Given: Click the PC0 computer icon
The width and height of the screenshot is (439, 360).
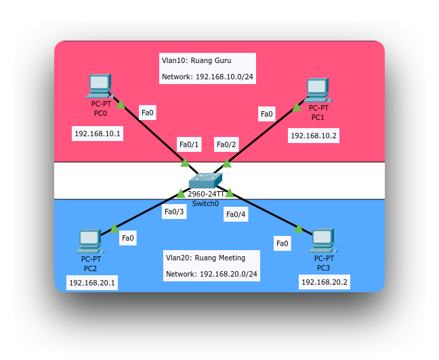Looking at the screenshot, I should pyautogui.click(x=100, y=86).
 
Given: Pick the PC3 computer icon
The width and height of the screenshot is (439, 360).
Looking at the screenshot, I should pyautogui.click(x=322, y=240).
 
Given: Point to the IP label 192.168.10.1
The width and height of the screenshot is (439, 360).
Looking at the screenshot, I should pyautogui.click(x=98, y=134).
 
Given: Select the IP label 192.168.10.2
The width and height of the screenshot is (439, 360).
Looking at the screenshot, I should pyautogui.click(x=314, y=136).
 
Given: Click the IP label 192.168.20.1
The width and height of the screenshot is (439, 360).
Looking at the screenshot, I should pyautogui.click(x=92, y=283).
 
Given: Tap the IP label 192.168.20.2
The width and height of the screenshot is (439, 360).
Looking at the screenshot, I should pyautogui.click(x=325, y=282).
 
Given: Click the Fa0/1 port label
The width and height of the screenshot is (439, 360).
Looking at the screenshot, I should pyautogui.click(x=189, y=144).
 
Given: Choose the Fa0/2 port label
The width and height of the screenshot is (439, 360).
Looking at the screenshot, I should pyautogui.click(x=226, y=144).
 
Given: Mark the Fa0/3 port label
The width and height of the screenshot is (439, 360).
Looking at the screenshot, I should pyautogui.click(x=174, y=212).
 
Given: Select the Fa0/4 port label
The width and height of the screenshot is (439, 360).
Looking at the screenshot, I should pyautogui.click(x=236, y=214).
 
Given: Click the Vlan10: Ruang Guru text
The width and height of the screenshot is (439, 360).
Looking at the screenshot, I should pyautogui.click(x=196, y=60).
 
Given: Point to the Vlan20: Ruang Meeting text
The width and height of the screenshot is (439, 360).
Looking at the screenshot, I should pyautogui.click(x=205, y=258).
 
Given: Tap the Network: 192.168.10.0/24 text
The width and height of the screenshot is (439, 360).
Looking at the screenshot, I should pyautogui.click(x=207, y=77).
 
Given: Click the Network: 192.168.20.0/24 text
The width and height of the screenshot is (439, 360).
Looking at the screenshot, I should pyautogui.click(x=211, y=274).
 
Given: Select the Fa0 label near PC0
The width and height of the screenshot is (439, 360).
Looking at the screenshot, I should pyautogui.click(x=147, y=113).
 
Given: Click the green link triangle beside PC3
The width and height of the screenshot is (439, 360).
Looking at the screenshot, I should pyautogui.click(x=299, y=228).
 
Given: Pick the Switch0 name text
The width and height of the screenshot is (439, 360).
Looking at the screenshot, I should pyautogui.click(x=205, y=203).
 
